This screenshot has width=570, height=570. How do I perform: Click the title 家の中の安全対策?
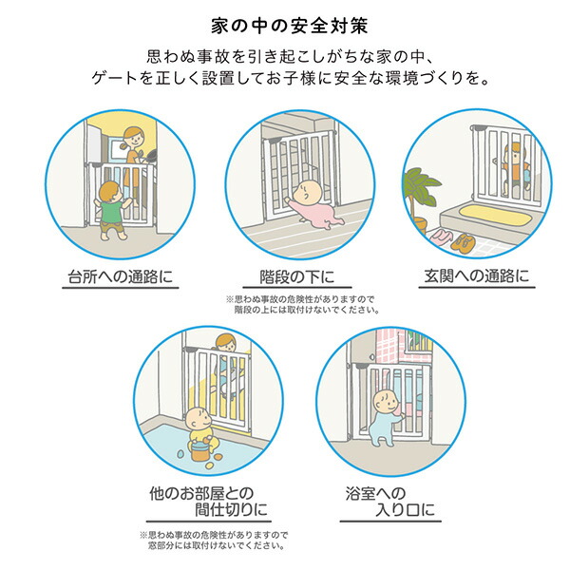[290, 27]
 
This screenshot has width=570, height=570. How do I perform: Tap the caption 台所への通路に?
[121, 276]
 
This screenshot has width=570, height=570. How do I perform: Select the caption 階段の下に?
[297, 276]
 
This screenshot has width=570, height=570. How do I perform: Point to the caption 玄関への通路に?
[477, 275]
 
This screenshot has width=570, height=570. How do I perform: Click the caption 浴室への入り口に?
[390, 502]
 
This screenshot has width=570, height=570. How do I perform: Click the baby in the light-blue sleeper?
[386, 418]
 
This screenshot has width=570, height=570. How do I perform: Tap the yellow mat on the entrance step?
[491, 214]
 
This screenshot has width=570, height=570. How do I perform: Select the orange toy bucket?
[201, 450]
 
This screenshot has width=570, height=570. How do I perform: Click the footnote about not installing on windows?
[214, 541]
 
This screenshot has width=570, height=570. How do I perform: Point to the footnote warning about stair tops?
[302, 305]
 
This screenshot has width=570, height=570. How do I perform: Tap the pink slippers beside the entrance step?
[441, 237]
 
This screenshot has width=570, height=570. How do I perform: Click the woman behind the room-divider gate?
[227, 367]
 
